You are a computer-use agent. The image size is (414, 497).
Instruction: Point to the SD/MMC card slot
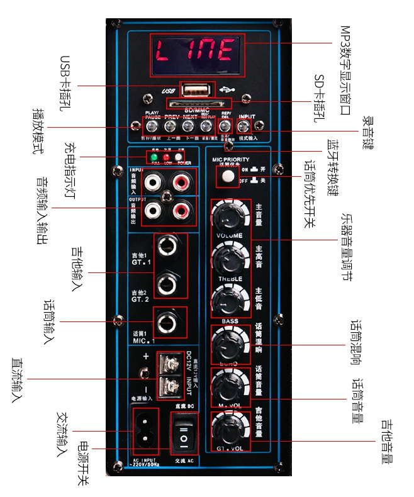tap(197, 103)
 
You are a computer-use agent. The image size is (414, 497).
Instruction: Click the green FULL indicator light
tap(153, 157)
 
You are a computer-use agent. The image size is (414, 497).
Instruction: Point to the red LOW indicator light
tap(166, 157)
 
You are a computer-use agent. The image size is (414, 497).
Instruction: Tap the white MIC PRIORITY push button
tap(225, 177)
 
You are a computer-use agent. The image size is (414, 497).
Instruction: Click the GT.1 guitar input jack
tap(169, 243)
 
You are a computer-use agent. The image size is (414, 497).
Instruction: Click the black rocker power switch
tap(184, 433)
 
